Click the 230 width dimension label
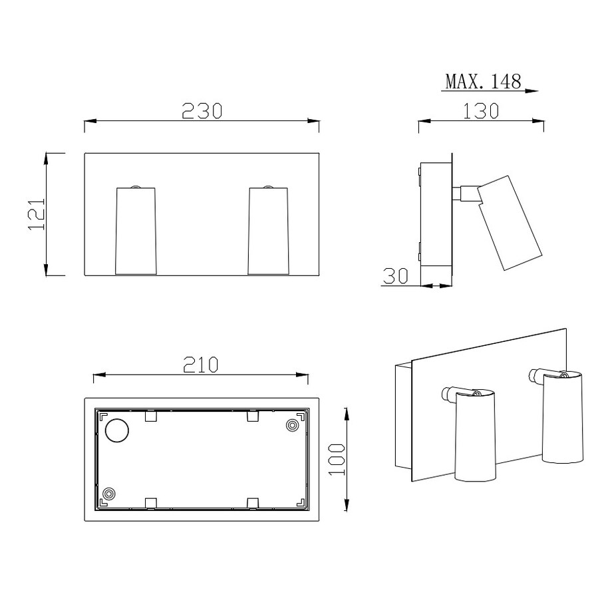pos(202,111)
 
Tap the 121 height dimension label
pos(37,214)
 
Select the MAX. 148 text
pos(483,81)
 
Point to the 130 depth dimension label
pos(481,111)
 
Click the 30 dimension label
pos(396,275)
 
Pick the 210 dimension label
pos(201,365)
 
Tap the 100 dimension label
pos(337,460)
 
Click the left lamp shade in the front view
pos(136,231)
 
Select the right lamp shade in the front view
pos(269,231)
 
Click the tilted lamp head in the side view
pos(510,223)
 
